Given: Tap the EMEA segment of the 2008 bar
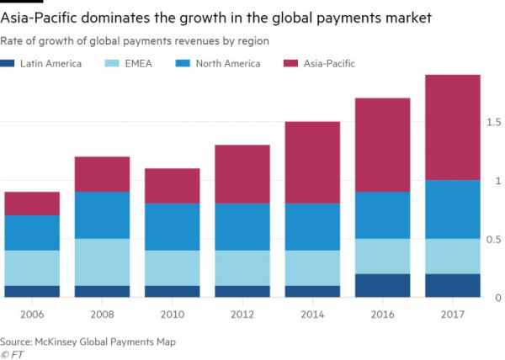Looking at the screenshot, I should click(x=102, y=262).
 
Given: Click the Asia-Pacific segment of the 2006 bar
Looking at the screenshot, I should click(x=32, y=204).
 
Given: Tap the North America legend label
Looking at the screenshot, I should click(x=228, y=63).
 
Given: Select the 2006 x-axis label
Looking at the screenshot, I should click(x=32, y=315).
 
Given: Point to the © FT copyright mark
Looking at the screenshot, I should click(x=13, y=353).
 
